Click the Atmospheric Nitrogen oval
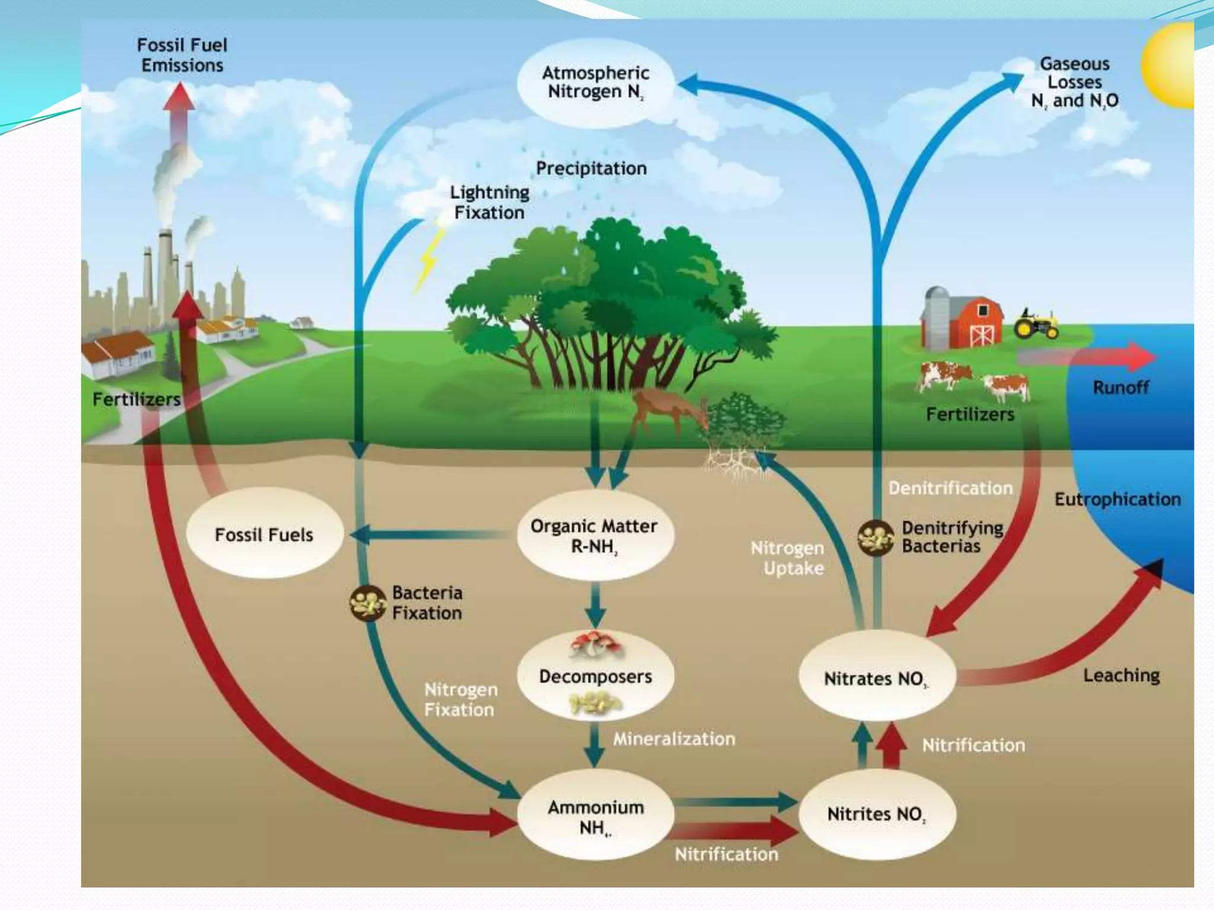[x=595, y=83]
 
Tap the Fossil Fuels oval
[x=264, y=534]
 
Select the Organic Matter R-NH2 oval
[x=594, y=535]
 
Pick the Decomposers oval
[x=595, y=676]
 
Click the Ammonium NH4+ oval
[x=595, y=816]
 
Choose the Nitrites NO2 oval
[x=876, y=814]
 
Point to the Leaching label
[x=1121, y=675]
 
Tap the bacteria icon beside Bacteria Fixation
[x=368, y=603]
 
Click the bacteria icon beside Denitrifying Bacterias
[x=876, y=537]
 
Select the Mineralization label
[x=674, y=739]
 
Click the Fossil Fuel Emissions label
[x=182, y=55]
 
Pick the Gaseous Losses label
[x=1074, y=82]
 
